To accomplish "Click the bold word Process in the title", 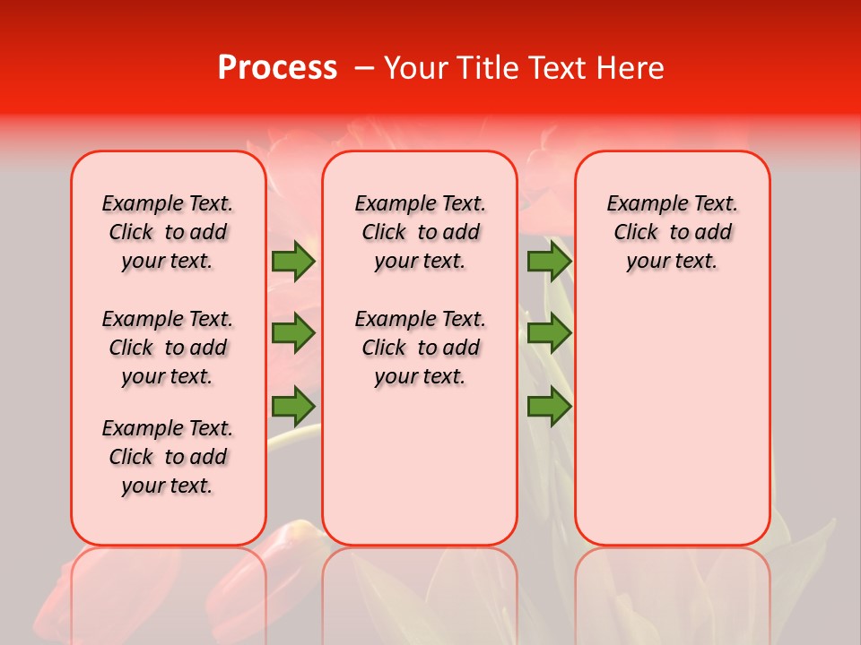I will (277, 68).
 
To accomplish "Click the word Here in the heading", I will (631, 68).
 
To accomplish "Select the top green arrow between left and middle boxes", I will (293, 261).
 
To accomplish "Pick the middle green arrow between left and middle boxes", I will (293, 333).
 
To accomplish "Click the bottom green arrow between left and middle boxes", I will (293, 406).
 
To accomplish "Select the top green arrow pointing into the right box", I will (549, 261).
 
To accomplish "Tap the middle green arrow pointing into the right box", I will (549, 333).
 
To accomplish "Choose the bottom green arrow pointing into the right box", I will (549, 406).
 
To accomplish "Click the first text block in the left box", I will (168, 232).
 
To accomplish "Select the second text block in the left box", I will (168, 348).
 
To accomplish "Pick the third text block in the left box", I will (168, 457).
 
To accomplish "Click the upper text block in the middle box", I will (420, 232).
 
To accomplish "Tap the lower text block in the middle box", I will (420, 348).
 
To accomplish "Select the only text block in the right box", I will (672, 232).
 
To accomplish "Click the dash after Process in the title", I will (363, 68).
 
